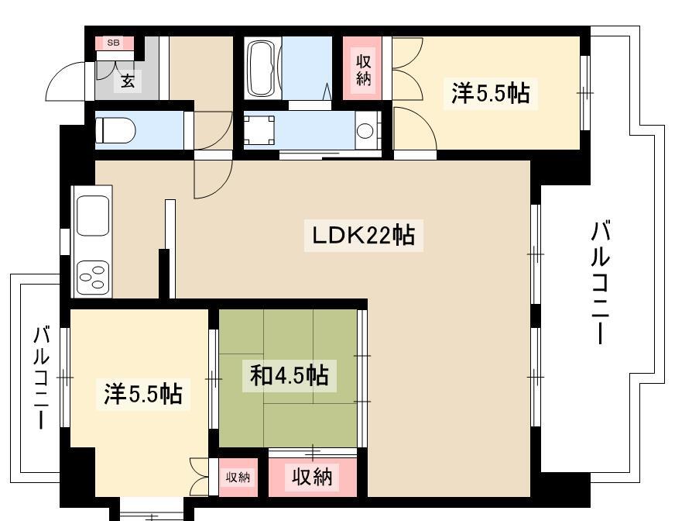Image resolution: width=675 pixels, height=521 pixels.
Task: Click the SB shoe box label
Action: pos(113,43)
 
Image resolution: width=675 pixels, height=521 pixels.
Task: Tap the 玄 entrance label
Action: pos(128,81)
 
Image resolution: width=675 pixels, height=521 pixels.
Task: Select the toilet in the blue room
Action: pos(115,130)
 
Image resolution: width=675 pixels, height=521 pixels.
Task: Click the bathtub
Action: pos(262,68)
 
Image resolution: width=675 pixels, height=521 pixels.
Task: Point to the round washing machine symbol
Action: pos(365,131)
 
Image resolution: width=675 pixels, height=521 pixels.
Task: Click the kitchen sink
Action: pos(93,216)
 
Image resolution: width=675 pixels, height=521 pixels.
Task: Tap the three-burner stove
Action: pos(93,278)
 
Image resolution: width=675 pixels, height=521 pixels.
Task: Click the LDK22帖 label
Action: pos(364,236)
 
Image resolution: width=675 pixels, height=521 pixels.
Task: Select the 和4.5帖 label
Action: pos(290,376)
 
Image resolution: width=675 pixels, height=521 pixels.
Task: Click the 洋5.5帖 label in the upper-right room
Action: pos(490,93)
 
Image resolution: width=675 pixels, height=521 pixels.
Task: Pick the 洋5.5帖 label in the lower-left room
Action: pos(143,393)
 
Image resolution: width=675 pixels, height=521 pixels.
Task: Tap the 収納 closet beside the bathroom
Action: pos(363,70)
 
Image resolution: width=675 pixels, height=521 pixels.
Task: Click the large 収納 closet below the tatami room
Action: pos(312,477)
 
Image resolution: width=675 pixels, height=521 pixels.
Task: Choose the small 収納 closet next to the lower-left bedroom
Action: pos(238,478)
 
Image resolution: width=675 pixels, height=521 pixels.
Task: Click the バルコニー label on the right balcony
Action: pos(600,283)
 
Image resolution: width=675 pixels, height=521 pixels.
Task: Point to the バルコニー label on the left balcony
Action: pos(41,378)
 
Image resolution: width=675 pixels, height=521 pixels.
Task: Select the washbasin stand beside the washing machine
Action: pos(259,130)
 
